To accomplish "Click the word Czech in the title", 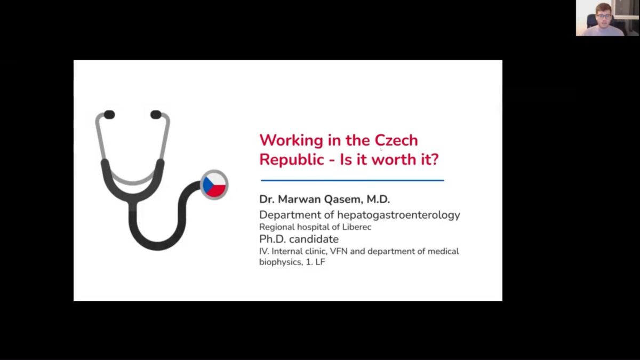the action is point(396,140).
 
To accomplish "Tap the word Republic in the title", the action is point(292,159).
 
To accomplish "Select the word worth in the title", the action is point(395,159).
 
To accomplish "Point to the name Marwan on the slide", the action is point(300,199).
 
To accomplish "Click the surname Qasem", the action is point(343,199).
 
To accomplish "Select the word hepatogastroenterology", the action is point(398,215).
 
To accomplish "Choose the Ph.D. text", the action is point(273,239).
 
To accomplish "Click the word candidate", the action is point(314,239).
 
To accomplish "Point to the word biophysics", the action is point(281,262).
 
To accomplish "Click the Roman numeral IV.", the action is point(263,251).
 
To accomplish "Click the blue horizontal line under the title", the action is point(353,181).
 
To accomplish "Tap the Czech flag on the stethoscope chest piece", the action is point(214,185).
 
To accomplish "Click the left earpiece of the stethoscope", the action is point(109,115).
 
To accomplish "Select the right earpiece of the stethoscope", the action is point(156,115).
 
